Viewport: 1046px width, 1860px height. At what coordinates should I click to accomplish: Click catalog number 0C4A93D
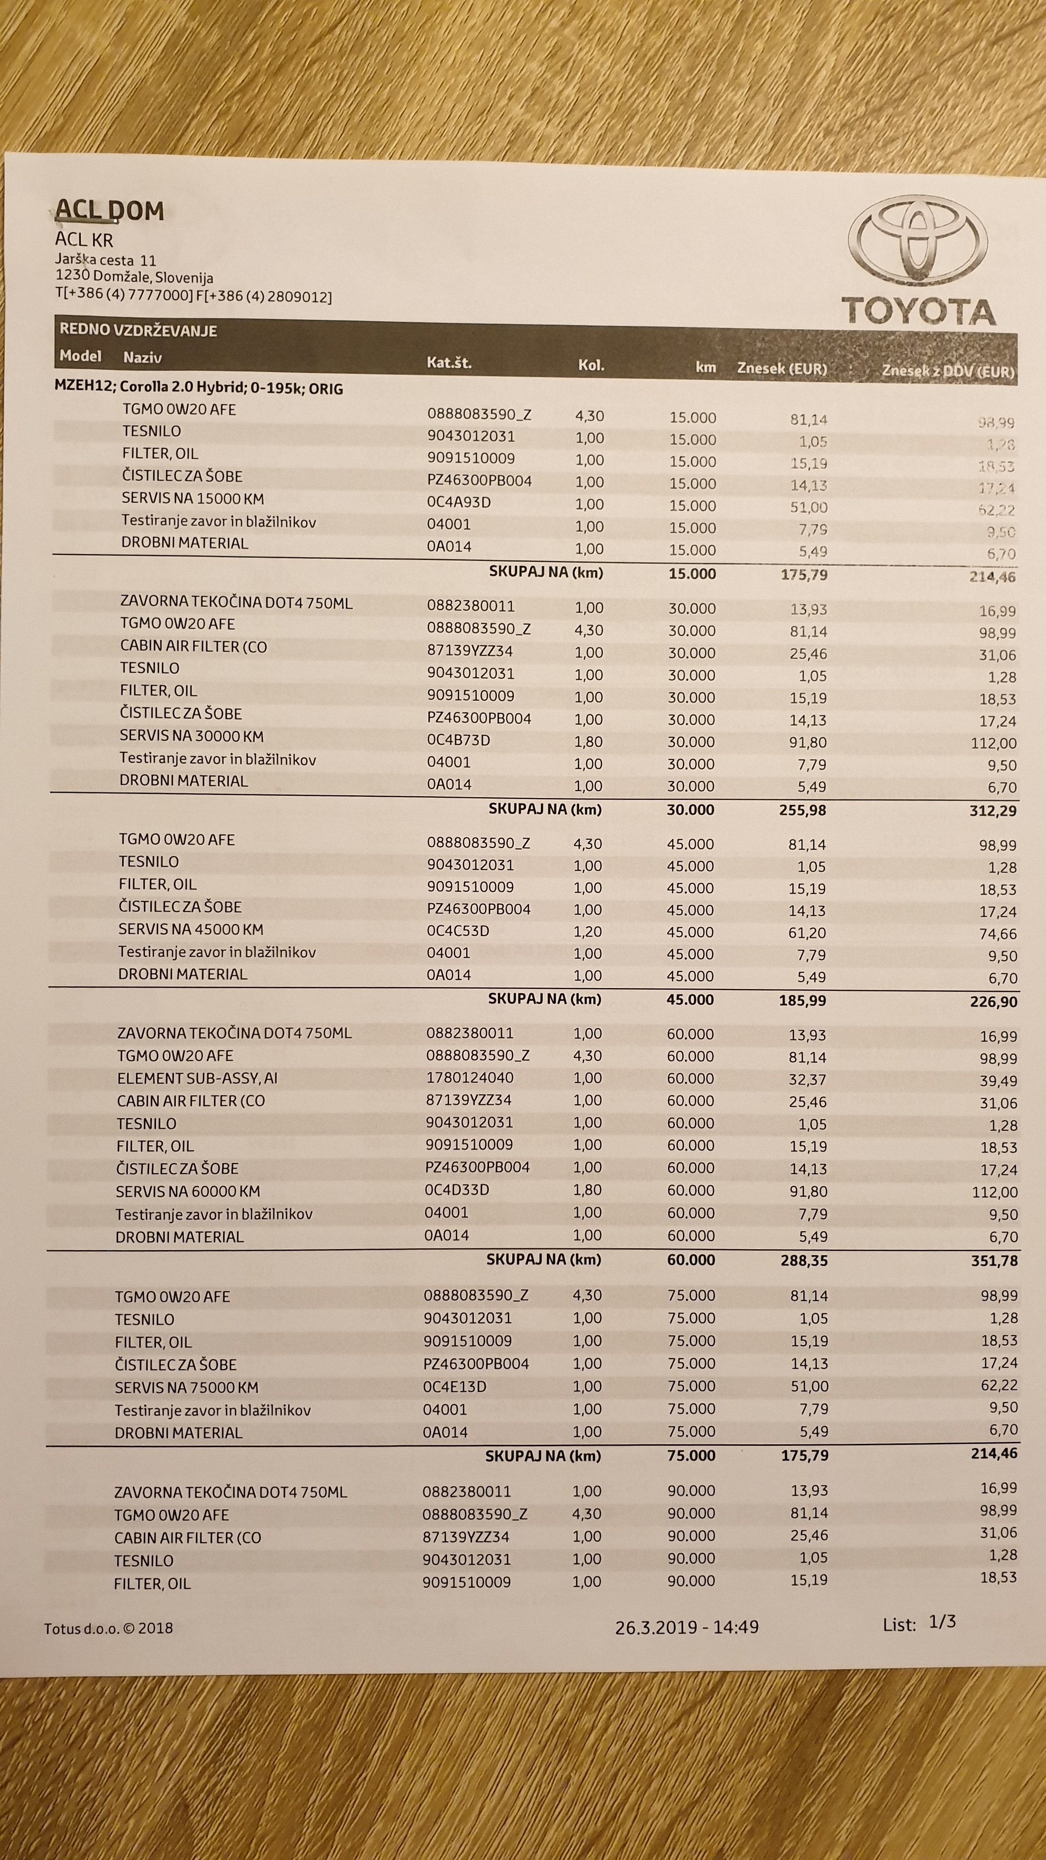click(458, 502)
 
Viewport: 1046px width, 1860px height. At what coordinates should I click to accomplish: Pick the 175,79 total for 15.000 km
click(804, 575)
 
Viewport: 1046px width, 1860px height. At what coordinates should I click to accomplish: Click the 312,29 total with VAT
click(993, 811)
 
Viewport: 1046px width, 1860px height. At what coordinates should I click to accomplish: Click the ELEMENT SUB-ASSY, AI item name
click(197, 1079)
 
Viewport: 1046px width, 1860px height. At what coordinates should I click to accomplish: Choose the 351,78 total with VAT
click(994, 1261)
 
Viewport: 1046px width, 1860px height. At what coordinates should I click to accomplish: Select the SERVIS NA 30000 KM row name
click(191, 737)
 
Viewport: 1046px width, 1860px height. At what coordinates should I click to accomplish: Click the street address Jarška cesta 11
click(106, 260)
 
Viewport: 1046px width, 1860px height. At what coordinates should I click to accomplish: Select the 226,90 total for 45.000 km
click(993, 1002)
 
